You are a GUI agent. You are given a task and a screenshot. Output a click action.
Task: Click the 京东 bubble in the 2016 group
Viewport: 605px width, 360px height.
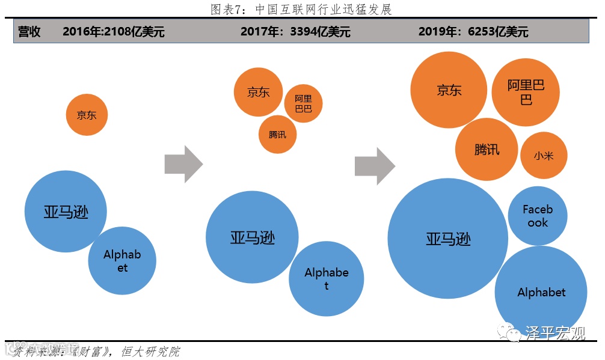[x=87, y=115]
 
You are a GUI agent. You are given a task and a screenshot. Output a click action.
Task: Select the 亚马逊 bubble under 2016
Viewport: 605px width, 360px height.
[x=66, y=212]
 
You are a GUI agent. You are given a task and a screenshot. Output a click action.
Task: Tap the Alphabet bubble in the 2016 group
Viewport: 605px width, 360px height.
[x=122, y=261]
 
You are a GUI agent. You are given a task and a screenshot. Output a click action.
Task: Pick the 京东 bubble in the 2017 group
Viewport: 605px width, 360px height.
[x=259, y=92]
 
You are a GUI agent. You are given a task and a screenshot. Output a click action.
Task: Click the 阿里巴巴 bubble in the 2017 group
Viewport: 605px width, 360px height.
[x=303, y=103]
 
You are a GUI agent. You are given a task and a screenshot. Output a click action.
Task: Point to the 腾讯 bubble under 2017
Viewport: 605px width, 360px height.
[x=278, y=134]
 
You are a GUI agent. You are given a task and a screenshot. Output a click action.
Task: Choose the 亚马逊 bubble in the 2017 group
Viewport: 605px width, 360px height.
[x=253, y=237]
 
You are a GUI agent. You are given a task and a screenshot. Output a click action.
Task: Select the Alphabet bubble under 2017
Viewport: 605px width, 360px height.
[x=327, y=279]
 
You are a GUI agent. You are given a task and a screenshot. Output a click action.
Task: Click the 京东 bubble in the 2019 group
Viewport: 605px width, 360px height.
[x=449, y=90]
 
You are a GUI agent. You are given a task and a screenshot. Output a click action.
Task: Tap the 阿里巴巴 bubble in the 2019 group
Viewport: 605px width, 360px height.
[x=526, y=92]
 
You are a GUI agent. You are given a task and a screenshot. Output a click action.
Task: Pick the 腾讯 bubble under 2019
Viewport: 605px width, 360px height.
[x=487, y=149]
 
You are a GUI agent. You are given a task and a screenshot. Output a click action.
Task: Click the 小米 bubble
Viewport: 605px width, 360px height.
[x=543, y=155]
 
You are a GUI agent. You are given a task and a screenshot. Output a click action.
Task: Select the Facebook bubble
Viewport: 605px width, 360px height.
[x=537, y=216]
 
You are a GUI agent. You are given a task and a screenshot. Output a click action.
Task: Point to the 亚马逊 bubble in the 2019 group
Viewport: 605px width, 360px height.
[x=448, y=239]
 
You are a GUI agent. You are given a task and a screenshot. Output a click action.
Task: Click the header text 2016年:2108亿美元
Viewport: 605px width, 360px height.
[x=113, y=32]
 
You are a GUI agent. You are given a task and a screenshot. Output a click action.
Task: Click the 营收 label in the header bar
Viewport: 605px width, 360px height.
[x=29, y=32]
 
